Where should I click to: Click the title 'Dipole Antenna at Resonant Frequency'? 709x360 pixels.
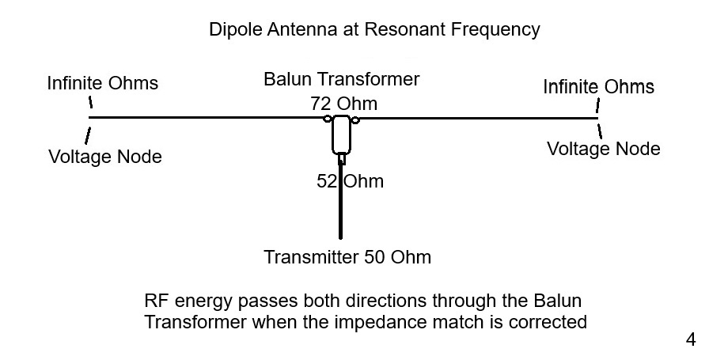click(x=374, y=30)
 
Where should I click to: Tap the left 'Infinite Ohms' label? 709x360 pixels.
click(x=102, y=83)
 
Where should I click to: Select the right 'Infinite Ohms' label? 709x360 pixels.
click(x=598, y=86)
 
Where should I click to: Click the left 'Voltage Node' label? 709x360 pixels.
click(x=105, y=157)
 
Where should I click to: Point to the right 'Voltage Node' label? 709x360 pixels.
click(x=604, y=149)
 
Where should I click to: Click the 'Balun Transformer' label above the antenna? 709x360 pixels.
click(x=341, y=80)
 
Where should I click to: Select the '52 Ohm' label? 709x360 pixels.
click(x=350, y=181)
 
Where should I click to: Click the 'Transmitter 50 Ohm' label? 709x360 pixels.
click(x=347, y=257)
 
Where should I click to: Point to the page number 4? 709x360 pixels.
click(x=690, y=340)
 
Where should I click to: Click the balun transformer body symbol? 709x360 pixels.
click(x=342, y=134)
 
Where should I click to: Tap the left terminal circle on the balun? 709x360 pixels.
click(x=327, y=119)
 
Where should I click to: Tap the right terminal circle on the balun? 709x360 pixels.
click(x=355, y=119)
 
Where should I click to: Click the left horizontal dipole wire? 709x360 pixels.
click(x=206, y=118)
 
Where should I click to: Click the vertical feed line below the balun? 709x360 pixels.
click(x=342, y=214)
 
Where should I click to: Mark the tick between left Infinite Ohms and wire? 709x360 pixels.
click(x=90, y=102)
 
